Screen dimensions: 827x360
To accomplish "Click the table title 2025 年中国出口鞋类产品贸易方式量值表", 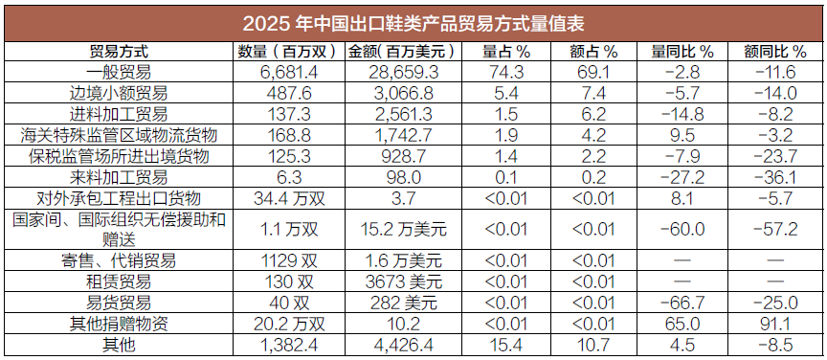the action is (413, 24).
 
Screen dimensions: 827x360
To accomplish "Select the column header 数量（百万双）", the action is (287, 52).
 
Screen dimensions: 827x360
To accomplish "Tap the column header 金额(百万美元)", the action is (401, 52).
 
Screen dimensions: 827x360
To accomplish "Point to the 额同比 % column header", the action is (774, 52).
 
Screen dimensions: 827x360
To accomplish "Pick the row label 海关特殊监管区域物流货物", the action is (119, 136).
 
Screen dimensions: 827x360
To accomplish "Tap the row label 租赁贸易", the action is (119, 281).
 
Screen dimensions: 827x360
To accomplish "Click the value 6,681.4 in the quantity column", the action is (287, 73).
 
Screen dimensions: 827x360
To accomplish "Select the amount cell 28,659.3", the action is (401, 73).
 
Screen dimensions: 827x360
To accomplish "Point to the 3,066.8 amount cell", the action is (401, 94).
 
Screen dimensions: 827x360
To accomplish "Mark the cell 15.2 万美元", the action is (401, 230).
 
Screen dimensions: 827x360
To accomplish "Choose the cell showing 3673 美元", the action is (401, 281).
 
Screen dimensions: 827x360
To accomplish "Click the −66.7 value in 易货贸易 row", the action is (682, 303).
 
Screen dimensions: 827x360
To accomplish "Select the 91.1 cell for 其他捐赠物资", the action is (774, 324).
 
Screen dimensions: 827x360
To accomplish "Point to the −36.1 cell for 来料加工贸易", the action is (774, 177).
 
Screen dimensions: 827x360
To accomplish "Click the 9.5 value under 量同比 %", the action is (682, 136).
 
